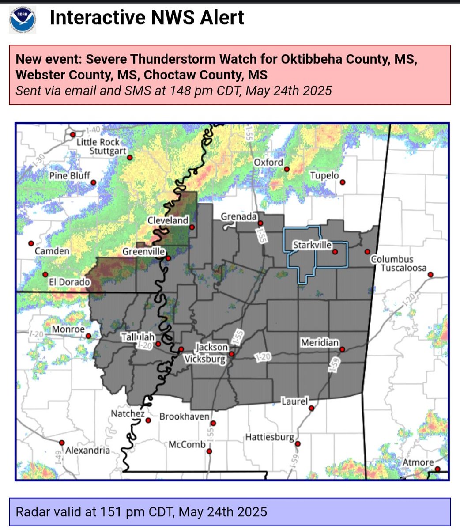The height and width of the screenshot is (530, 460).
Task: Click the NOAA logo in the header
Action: tap(23, 19)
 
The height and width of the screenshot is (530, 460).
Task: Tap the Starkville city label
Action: tap(312, 245)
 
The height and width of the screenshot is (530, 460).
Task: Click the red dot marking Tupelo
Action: tap(342, 182)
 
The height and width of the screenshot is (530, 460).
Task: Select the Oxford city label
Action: tap(268, 163)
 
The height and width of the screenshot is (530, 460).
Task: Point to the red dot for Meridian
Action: tap(342, 349)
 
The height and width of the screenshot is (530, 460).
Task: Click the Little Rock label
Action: tap(98, 142)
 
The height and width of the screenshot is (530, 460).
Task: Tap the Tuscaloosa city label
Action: tap(403, 268)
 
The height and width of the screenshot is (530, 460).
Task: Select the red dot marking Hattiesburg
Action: tap(298, 444)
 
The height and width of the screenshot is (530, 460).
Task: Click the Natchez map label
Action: tap(128, 414)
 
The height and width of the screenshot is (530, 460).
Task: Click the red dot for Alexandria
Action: tap(62, 442)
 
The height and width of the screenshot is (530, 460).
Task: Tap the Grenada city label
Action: tap(238, 216)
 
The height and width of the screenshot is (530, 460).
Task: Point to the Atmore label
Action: tap(418, 462)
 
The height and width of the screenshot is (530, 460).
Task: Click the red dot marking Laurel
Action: tap(312, 409)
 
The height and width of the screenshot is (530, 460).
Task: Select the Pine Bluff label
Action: tap(70, 176)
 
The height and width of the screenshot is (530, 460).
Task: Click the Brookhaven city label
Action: tap(184, 416)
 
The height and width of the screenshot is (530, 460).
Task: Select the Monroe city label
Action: tap(68, 329)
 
